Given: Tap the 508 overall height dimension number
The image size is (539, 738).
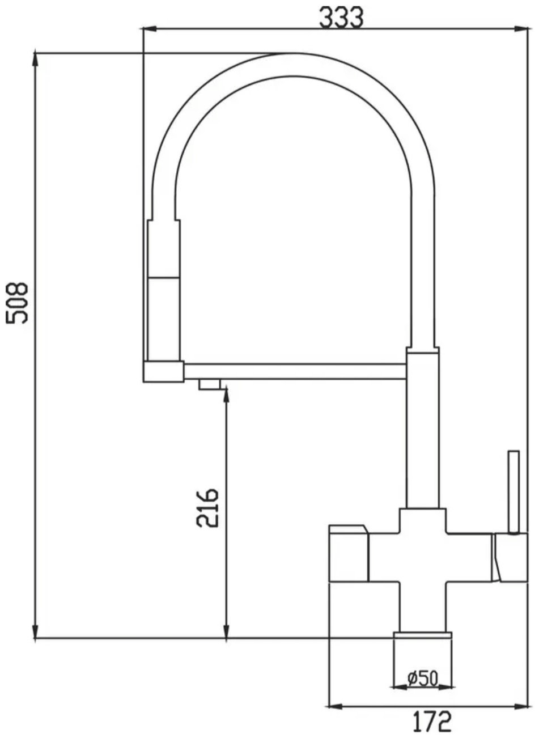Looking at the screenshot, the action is click(17, 303).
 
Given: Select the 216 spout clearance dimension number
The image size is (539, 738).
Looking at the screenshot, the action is click(207, 508).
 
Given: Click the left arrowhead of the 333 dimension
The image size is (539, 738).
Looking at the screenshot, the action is click(148, 29).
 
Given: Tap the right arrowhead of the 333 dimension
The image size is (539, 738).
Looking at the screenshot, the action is click(524, 29).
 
